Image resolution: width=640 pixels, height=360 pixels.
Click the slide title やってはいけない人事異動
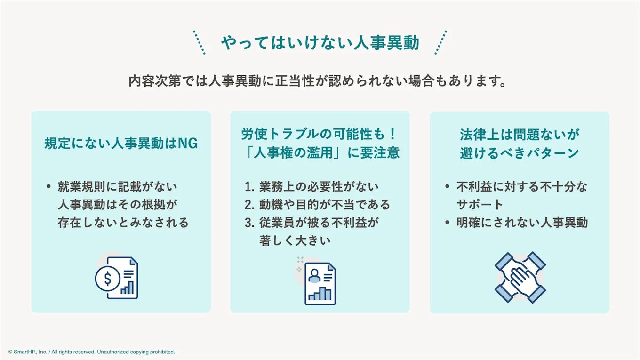pos(320,43)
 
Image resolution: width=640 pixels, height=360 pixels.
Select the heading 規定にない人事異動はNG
pos(121,144)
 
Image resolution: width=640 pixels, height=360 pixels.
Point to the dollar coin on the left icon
pos(107,279)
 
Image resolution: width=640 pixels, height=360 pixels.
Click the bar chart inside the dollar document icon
pos(127,288)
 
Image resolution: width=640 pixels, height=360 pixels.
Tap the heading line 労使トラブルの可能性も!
pos(320,134)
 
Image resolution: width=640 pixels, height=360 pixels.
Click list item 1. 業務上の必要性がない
pos(312,187)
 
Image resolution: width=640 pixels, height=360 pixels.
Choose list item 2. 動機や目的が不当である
pos(317,205)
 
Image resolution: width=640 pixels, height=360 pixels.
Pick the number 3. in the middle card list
pos(249,223)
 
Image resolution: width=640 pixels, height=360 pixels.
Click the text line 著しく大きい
pos(295,240)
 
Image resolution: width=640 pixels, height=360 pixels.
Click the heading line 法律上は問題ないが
pos(520,135)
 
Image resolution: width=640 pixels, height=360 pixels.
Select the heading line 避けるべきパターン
pos(520,153)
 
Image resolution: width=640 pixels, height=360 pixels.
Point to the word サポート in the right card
pos(480,205)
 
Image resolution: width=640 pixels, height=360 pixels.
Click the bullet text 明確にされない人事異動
pos(522,223)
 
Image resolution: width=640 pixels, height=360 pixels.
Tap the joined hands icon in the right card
pos(520,277)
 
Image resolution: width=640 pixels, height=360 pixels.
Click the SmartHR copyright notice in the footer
pos(91,352)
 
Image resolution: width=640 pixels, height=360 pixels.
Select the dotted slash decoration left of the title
pos(200,43)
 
